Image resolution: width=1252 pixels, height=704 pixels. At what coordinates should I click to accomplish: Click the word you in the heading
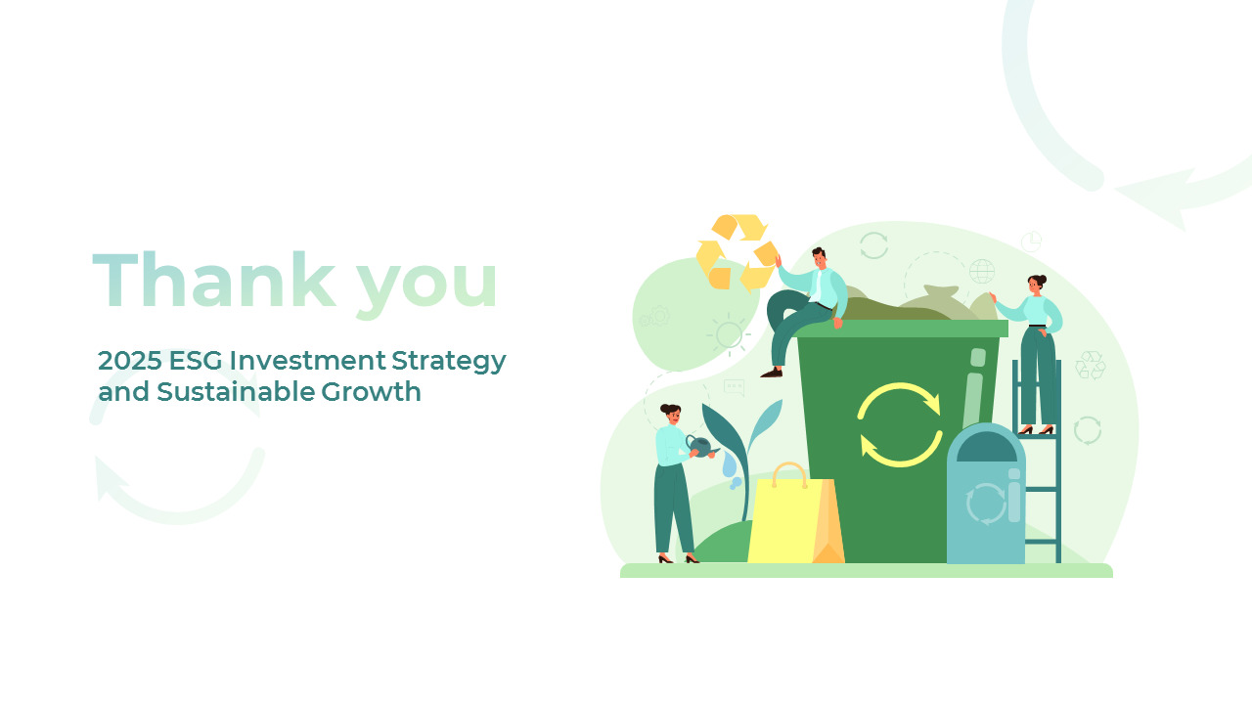pyautogui.click(x=426, y=284)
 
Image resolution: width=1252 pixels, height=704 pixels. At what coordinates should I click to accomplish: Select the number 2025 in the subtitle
pyautogui.click(x=129, y=361)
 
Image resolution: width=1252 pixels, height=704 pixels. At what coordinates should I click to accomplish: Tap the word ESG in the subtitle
pyautogui.click(x=196, y=361)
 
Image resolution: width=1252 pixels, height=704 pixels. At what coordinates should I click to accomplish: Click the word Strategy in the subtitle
pyautogui.click(x=449, y=362)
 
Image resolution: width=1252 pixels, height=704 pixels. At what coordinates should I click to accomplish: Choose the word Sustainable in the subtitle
pyautogui.click(x=235, y=392)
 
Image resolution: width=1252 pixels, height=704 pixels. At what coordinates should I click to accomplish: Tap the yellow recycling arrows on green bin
pyautogui.click(x=899, y=424)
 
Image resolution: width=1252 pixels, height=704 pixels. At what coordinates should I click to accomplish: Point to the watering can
pyautogui.click(x=699, y=447)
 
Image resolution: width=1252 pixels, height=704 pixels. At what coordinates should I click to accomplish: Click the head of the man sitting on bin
pyautogui.click(x=820, y=259)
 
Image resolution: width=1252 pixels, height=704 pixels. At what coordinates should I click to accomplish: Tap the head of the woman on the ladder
pyautogui.click(x=1036, y=286)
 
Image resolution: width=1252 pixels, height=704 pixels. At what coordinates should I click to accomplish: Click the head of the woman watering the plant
pyautogui.click(x=670, y=414)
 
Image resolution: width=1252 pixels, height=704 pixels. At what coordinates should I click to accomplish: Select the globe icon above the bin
pyautogui.click(x=982, y=271)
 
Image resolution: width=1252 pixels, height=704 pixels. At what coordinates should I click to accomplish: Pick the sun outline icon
pyautogui.click(x=729, y=334)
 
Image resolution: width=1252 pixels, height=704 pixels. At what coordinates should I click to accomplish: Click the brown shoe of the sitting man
pyautogui.click(x=772, y=372)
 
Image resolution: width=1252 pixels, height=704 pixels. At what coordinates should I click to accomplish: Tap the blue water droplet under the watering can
pyautogui.click(x=730, y=466)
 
